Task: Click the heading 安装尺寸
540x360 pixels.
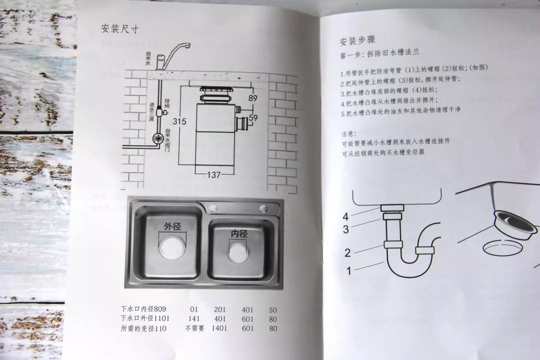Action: (x=119, y=29)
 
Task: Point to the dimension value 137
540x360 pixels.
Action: (x=214, y=174)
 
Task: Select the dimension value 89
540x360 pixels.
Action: (x=252, y=98)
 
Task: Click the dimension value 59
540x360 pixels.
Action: (x=253, y=118)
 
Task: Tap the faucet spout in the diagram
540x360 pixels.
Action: (x=177, y=48)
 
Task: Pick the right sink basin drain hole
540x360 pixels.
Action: (x=238, y=251)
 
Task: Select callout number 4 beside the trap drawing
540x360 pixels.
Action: (x=345, y=217)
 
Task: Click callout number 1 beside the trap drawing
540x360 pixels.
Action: (x=349, y=271)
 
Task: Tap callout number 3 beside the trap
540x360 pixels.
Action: (x=345, y=229)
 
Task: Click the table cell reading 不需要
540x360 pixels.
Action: (x=195, y=328)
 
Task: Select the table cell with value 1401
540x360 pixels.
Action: (x=220, y=328)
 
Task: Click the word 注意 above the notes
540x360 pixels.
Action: (x=348, y=134)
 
